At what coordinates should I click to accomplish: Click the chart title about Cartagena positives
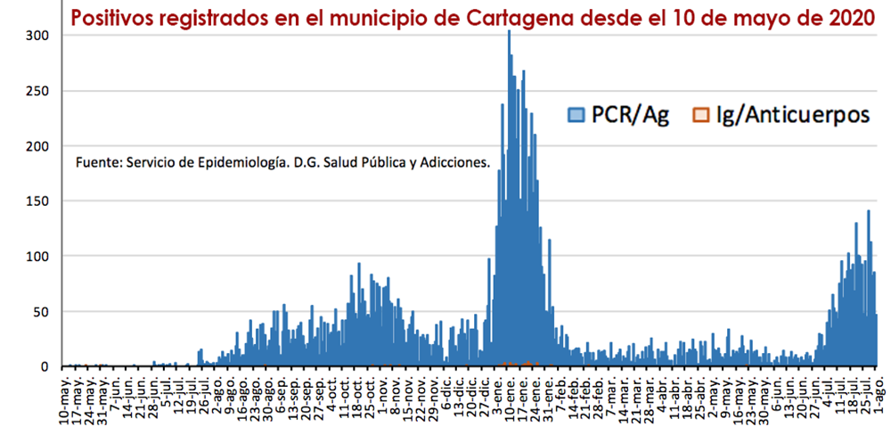point(472,18)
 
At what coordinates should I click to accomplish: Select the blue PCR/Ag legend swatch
point(576,114)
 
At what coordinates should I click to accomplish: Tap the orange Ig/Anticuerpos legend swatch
point(701,114)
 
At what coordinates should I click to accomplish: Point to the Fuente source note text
point(282,163)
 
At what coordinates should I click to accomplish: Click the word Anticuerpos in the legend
point(800,115)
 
